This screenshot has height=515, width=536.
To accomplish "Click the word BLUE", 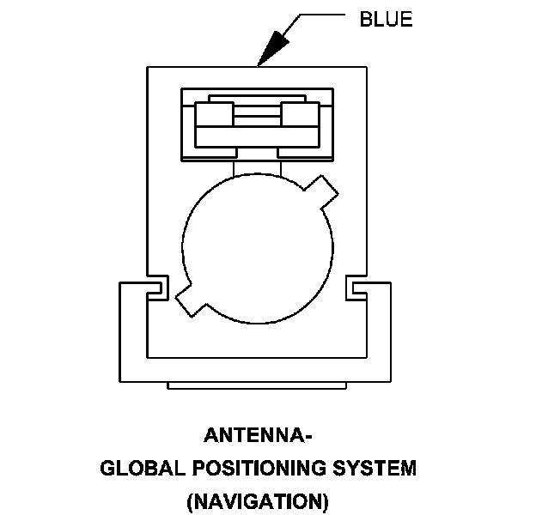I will pyautogui.click(x=386, y=21).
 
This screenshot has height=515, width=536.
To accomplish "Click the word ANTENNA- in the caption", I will pyautogui.click(x=258, y=435).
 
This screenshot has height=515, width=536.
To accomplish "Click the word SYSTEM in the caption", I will pyautogui.click(x=374, y=469).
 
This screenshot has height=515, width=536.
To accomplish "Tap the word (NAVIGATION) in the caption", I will pyautogui.click(x=258, y=501).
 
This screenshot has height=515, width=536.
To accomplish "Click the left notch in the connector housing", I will pyautogui.click(x=157, y=288).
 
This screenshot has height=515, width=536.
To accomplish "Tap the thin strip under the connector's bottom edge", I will pyautogui.click(x=256, y=385).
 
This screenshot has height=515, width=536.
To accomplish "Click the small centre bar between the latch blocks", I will pyautogui.click(x=256, y=111).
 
